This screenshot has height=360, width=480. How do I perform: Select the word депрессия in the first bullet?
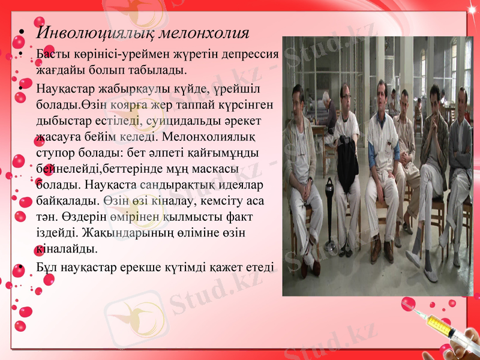(x=248, y=55)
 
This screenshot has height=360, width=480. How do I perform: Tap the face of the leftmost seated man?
(x=298, y=96)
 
